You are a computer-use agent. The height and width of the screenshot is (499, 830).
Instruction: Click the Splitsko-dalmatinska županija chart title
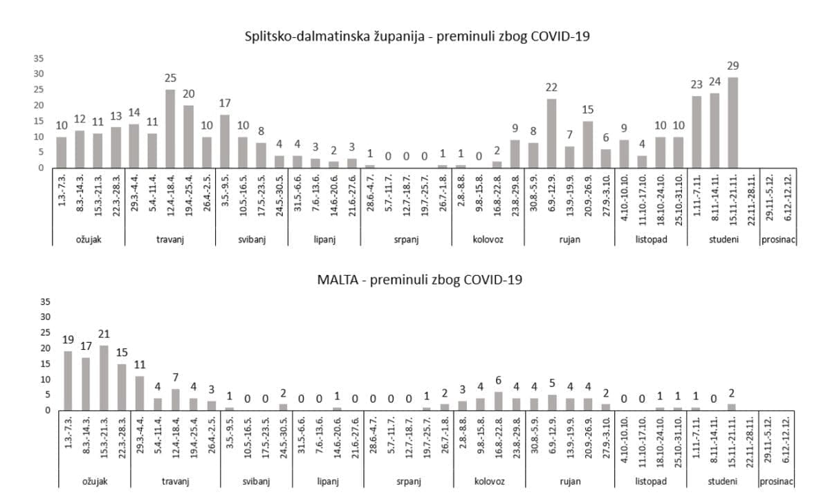417,37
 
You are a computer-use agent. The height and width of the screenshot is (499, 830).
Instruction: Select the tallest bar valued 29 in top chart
733,122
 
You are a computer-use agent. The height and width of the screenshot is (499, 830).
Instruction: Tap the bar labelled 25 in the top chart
170,129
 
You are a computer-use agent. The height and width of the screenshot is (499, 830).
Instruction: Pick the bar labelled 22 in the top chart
551,133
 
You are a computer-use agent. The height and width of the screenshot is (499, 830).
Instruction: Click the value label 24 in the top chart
715,82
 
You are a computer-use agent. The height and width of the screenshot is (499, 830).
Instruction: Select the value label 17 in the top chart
224,103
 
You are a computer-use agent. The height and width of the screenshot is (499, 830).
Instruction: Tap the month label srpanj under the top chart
406,240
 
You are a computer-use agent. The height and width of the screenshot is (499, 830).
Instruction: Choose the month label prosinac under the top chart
778,240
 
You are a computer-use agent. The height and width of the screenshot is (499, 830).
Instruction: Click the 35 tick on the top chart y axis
39,59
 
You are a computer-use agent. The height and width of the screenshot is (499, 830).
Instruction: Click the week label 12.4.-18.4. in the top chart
170,199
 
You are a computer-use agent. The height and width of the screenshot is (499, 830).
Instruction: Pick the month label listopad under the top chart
650,240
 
